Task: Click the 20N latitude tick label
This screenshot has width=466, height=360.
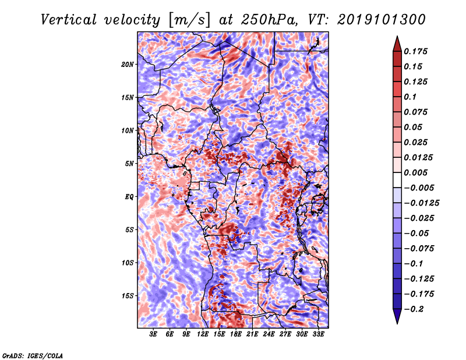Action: [x=128, y=65]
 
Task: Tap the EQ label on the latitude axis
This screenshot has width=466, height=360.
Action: [x=129, y=197]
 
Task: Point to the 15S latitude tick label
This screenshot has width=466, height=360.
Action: [x=128, y=296]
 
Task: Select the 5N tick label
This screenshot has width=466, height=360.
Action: [x=129, y=164]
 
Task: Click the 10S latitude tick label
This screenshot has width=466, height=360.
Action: [x=128, y=263]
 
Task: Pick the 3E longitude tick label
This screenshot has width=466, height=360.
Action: [x=153, y=334]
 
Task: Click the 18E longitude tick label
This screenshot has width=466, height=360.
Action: [x=236, y=334]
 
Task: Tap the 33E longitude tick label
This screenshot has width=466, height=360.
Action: [x=318, y=334]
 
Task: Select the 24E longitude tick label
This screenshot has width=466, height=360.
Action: [x=269, y=334]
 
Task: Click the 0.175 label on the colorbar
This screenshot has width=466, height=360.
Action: [x=415, y=51]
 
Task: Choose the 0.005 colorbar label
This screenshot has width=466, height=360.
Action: [x=415, y=172]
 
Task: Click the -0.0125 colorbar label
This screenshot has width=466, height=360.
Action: [x=421, y=203]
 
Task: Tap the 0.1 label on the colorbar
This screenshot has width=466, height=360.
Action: [x=410, y=97]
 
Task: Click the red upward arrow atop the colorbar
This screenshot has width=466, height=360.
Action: [x=397, y=44]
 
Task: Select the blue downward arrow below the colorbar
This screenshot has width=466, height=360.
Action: [x=397, y=316]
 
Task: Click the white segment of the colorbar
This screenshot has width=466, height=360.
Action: [x=397, y=180]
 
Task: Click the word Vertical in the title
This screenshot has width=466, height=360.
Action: [x=68, y=20]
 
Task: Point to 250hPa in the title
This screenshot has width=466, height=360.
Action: [x=269, y=20]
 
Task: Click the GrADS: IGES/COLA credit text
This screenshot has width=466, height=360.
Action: [x=33, y=356]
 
